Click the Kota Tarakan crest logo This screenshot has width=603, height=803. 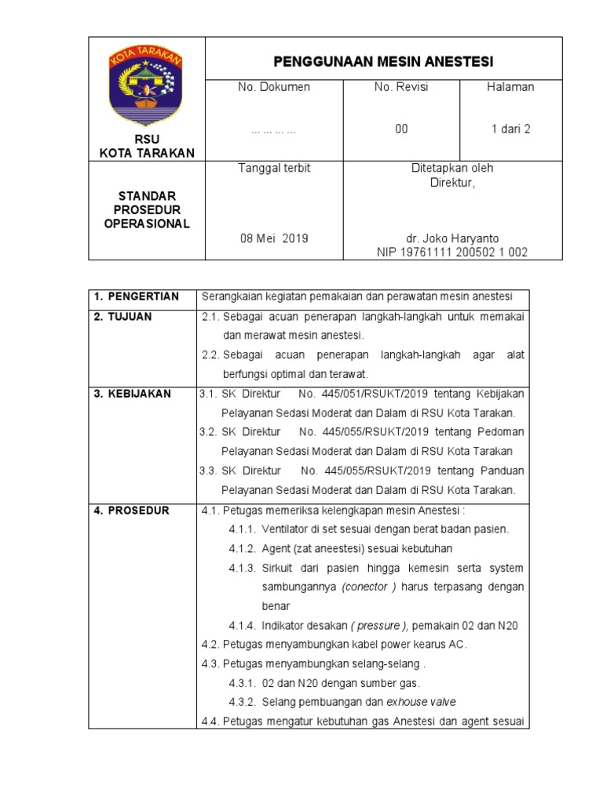click(x=146, y=85)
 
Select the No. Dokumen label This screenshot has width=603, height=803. click(x=274, y=87)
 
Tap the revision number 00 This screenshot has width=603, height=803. click(x=401, y=129)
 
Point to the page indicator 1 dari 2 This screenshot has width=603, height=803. click(x=510, y=129)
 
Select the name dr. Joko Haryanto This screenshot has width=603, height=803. click(x=451, y=238)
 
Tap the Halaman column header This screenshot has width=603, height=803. click(x=510, y=87)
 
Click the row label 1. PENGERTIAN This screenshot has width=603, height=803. click(x=137, y=296)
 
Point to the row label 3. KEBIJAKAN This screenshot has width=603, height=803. click(x=132, y=394)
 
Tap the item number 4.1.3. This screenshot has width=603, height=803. click(x=243, y=568)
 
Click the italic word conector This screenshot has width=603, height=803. click(x=366, y=587)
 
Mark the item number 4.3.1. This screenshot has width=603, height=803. click(x=243, y=683)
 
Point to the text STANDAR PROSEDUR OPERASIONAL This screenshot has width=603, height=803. click(x=146, y=209)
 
